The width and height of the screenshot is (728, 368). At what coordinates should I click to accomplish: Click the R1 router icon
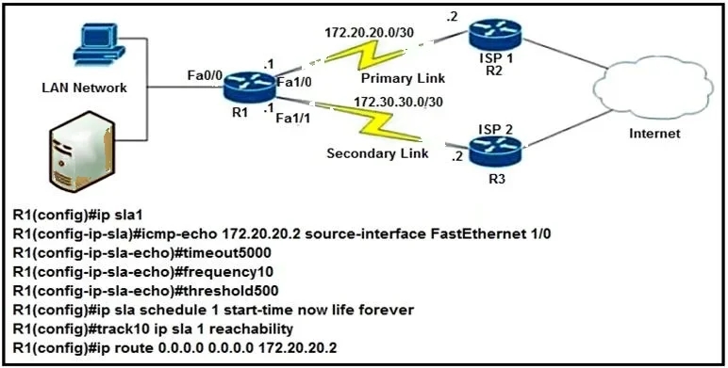[249, 88]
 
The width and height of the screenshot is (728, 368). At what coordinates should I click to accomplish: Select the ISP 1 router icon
[495, 36]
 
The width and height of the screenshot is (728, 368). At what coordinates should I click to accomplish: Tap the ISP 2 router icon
[495, 152]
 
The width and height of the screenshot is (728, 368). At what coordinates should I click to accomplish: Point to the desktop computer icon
[99, 45]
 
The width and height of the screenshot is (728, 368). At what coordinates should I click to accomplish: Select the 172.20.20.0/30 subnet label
[369, 32]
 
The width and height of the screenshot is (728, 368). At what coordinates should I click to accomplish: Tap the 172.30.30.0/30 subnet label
[398, 102]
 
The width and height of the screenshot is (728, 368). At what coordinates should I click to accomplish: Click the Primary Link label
[403, 78]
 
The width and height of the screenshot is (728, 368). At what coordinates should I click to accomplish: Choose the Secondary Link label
[377, 153]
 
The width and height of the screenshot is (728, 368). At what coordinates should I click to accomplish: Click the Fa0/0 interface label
[205, 75]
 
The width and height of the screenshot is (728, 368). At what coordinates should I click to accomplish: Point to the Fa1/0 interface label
[294, 83]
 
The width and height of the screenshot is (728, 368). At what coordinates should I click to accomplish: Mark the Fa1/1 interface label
[293, 119]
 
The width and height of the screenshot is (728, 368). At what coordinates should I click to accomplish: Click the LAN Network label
[84, 88]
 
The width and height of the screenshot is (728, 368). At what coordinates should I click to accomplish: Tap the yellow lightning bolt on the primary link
[365, 55]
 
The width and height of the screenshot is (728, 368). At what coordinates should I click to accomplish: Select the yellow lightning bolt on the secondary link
[374, 121]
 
